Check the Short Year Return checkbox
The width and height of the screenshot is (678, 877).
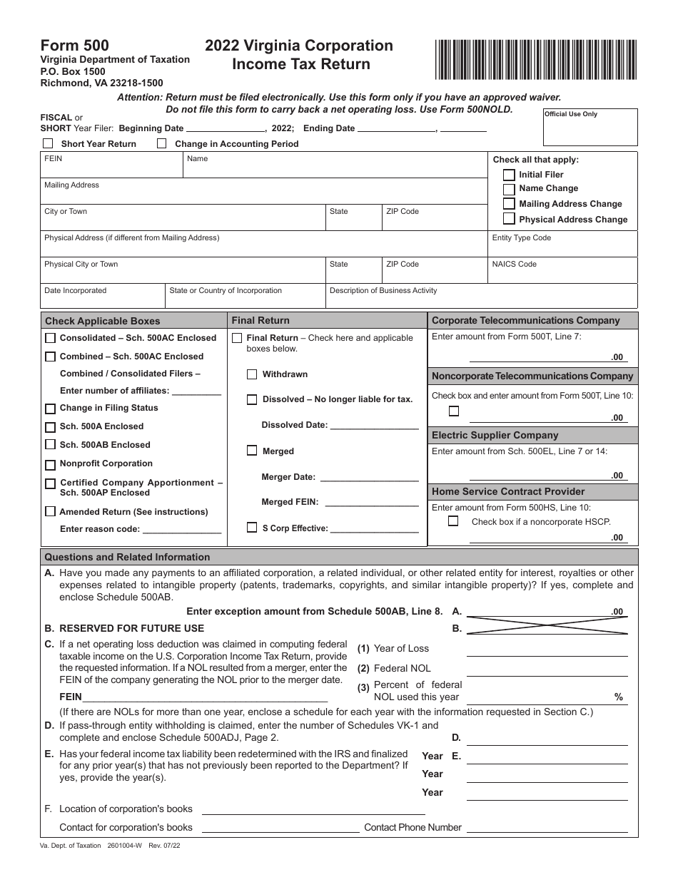(48, 143)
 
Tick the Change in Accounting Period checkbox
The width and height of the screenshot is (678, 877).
(161, 143)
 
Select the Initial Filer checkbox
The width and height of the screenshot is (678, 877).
(509, 175)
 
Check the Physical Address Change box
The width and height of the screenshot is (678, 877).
(509, 220)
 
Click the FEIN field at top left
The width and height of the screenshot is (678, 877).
(112, 167)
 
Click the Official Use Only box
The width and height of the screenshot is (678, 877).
(590, 128)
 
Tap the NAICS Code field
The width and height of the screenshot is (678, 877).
(563, 270)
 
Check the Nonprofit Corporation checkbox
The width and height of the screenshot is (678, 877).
(50, 465)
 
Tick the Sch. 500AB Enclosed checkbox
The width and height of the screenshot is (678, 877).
(50, 445)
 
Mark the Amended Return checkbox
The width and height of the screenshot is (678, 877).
(50, 512)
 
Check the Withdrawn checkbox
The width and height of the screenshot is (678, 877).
(252, 374)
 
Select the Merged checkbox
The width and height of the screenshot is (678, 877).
(252, 451)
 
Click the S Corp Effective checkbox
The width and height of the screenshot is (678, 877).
(252, 528)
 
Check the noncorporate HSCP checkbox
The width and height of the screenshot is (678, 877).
(453, 521)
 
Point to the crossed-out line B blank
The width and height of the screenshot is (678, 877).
(547, 625)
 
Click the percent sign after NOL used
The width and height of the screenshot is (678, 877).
(619, 697)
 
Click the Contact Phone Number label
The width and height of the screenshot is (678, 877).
(413, 828)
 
